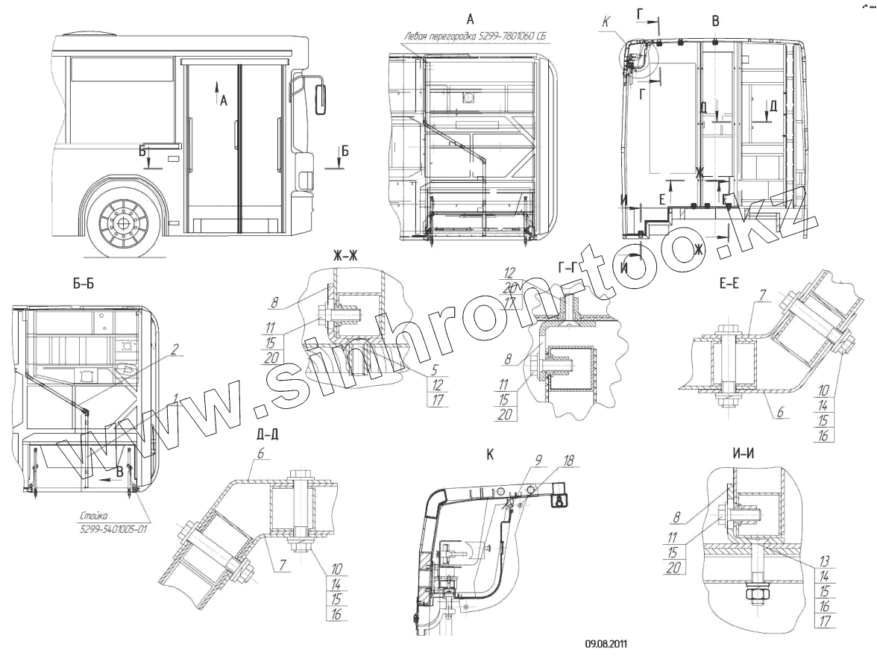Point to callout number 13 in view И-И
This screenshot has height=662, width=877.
(823, 561)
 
